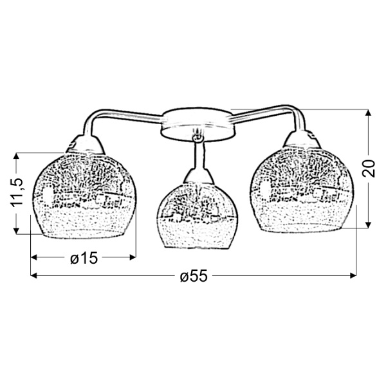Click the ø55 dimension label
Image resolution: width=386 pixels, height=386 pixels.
(194, 276)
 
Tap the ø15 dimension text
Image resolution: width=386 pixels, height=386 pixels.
(84, 258)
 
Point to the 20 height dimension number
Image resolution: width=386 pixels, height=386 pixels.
(368, 169)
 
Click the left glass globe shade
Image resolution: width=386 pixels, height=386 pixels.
(84, 196)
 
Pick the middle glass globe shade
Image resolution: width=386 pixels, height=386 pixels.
(198, 216)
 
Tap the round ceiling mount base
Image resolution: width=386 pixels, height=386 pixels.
(198, 124)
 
